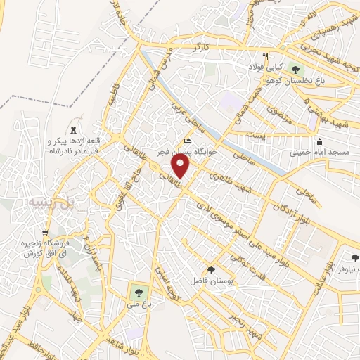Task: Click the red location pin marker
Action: pyautogui.click(x=181, y=166)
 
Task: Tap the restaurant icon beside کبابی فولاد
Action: pyautogui.click(x=265, y=56)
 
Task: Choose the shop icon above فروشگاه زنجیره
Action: pyautogui.click(x=46, y=233)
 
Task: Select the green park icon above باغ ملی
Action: pyautogui.click(x=136, y=290)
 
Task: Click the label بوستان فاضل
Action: pyautogui.click(x=209, y=281)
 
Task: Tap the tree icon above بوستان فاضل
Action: pyautogui.click(x=210, y=270)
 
